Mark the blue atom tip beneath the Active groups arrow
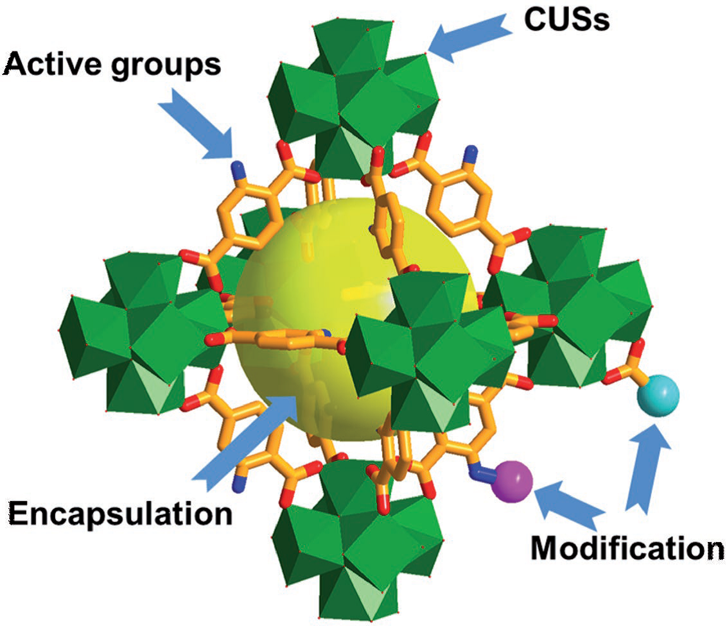click(x=239, y=169)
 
